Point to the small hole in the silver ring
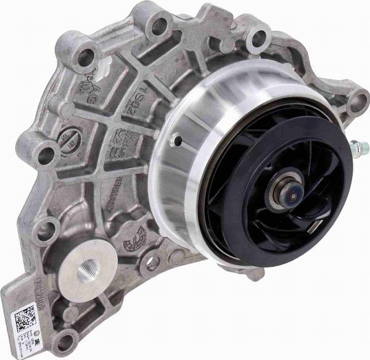click(x=178, y=141)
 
